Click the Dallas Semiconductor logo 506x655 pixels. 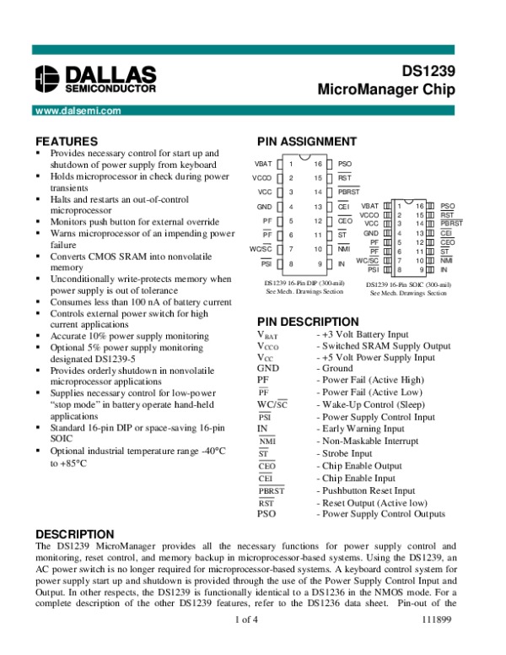pos(95,78)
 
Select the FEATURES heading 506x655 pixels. pos(66,141)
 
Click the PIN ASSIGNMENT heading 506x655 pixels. pos(306,141)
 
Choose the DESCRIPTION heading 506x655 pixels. pos(74,534)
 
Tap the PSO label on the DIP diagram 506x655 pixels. pos(344,163)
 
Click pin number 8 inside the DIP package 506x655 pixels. pos(291,264)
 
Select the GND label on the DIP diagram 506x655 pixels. pos(264,207)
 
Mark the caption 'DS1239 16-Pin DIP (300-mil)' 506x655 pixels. pos(303,283)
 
